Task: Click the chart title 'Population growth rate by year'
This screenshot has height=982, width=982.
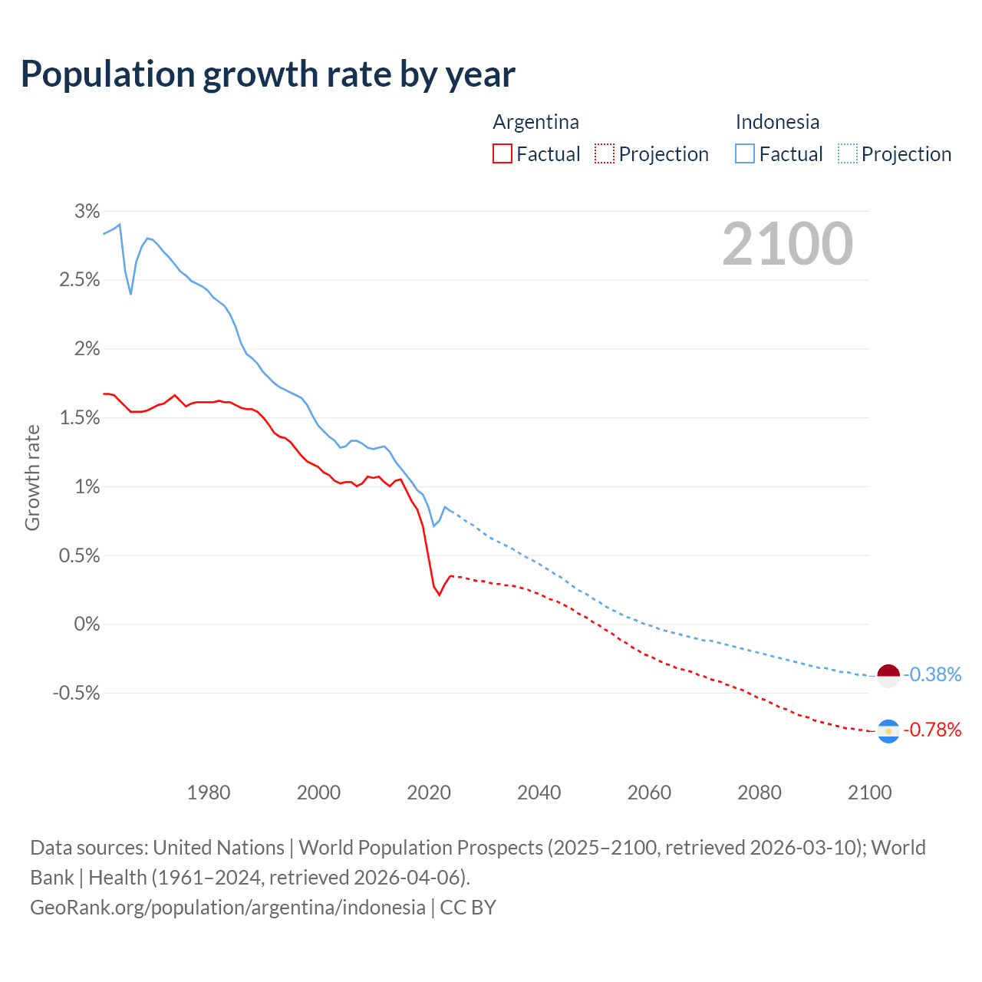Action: coord(268,74)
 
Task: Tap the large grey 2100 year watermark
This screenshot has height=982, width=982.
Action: coord(787,244)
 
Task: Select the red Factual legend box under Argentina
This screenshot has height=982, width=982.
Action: coord(503,154)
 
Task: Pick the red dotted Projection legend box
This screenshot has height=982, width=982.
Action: coord(605,154)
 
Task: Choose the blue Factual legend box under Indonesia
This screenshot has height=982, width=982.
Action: coord(745,154)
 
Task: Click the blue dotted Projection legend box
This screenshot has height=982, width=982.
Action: coord(847,154)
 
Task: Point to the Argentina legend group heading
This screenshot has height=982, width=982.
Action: coord(535,122)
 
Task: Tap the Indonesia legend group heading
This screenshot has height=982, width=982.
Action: coord(777,122)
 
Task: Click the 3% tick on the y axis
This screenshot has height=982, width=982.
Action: coord(87,211)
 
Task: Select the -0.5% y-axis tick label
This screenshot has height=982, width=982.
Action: coord(76,694)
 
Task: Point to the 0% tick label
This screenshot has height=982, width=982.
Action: coord(87,624)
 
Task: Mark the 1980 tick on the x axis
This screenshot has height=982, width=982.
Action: coord(209,793)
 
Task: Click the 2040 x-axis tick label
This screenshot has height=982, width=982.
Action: coord(539,793)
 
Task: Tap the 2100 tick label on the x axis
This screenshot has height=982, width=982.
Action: coord(869,793)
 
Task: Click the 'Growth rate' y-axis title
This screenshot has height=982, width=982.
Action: coord(32,477)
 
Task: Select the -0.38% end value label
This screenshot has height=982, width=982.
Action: coord(932,675)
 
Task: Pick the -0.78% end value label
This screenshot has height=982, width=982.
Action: coord(932,730)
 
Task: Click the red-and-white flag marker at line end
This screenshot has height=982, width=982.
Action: coord(888,676)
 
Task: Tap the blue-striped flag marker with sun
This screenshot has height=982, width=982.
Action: coord(888,731)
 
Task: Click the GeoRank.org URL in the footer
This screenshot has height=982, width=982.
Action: coord(227,908)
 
